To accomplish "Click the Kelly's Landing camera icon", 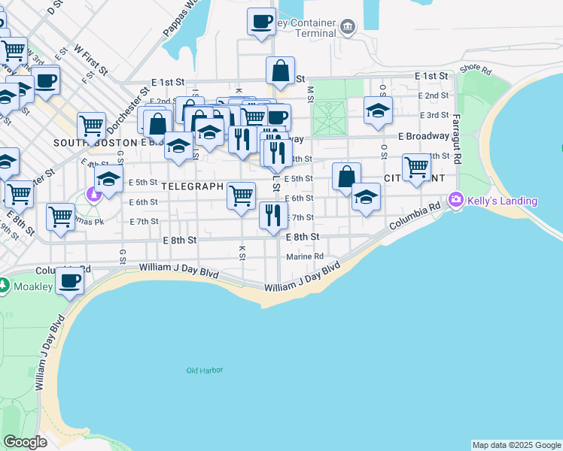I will [455, 201].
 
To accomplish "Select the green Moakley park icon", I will [5, 286].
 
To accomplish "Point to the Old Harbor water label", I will [205, 370].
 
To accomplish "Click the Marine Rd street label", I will [305, 256].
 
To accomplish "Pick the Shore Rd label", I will [475, 70].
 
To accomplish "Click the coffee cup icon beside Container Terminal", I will [261, 22].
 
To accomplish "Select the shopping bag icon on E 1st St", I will [280, 71].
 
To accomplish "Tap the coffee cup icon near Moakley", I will [69, 281].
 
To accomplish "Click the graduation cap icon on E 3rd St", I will [378, 110].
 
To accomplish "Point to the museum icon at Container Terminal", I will [347, 29].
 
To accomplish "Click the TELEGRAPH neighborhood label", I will [192, 186].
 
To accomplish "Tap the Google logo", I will [24, 441].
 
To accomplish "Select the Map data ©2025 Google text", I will [516, 445].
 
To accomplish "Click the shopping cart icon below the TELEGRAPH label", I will [242, 195].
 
